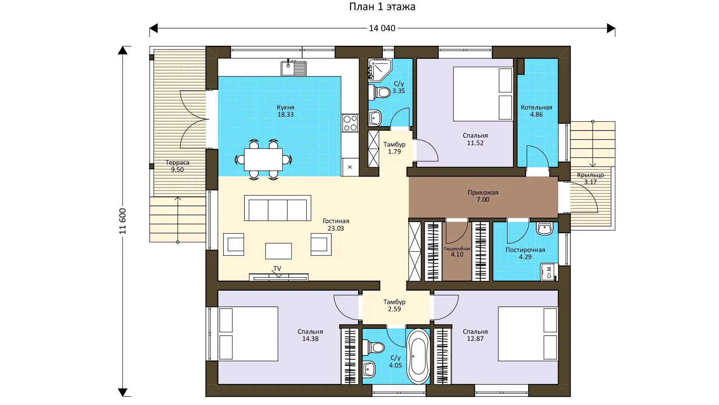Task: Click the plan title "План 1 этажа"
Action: point(382,7)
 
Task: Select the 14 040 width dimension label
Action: point(382,28)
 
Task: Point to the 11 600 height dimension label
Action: point(123,221)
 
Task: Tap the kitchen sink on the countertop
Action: point(294,68)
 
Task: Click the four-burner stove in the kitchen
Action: point(350,123)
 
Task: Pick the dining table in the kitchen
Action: point(263,159)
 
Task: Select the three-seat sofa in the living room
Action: point(277,208)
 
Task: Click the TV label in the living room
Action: point(277,268)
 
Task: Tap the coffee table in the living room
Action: point(279,251)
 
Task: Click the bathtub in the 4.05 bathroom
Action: point(418,356)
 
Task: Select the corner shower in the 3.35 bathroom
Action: point(380,70)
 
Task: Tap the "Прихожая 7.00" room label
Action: point(483,196)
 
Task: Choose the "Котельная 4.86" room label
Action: point(536,111)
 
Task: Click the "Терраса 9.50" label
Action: point(178,166)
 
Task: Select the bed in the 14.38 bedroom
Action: point(248,334)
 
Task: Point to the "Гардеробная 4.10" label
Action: point(457,252)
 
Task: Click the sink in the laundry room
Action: point(544,228)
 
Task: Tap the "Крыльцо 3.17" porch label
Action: point(590,178)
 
